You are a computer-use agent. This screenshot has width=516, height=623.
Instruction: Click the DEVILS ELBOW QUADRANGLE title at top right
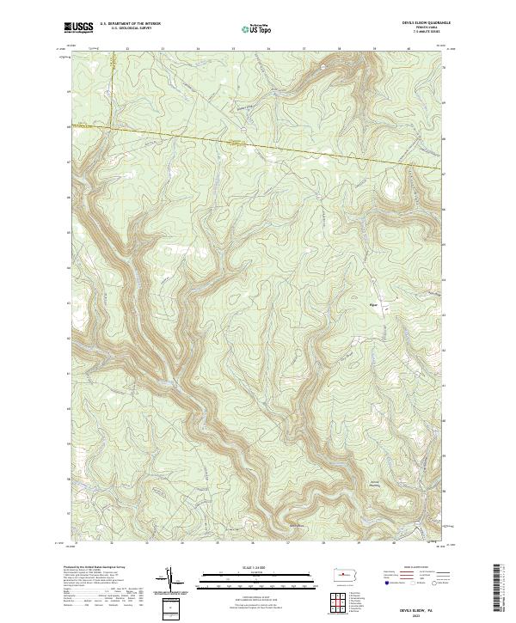[414, 22]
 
